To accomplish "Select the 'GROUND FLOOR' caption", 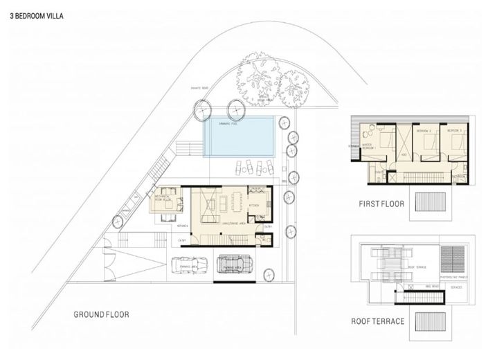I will pos(101,314).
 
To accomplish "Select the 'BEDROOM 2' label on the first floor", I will pos(423,130).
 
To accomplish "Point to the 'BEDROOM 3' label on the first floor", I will pos(454,130).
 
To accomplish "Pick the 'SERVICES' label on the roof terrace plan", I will pos(455,287).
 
